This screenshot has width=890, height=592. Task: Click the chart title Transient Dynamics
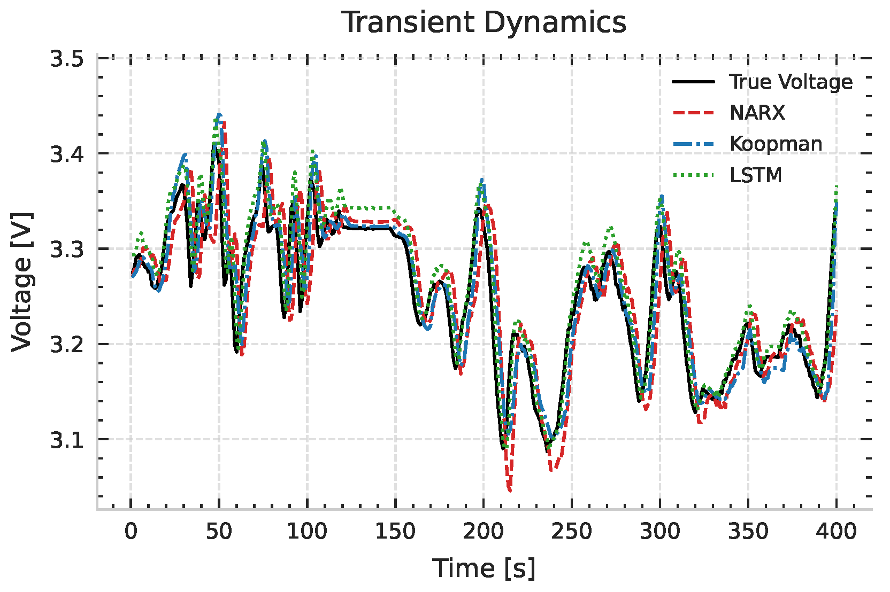click(x=484, y=23)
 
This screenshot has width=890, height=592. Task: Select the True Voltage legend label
click(x=791, y=82)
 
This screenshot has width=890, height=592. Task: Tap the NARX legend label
click(x=757, y=113)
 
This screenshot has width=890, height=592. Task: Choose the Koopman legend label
click(x=776, y=144)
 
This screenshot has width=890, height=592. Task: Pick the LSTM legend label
click(x=755, y=175)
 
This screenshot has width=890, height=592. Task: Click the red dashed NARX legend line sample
click(x=693, y=113)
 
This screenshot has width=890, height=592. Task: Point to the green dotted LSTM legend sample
click(x=693, y=175)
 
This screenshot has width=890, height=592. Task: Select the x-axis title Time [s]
click(x=484, y=568)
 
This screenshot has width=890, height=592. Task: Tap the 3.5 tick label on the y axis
click(x=67, y=59)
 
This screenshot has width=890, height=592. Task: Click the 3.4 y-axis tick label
click(x=67, y=154)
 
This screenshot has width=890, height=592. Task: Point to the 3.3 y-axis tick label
click(x=67, y=250)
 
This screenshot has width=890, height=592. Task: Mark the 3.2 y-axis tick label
click(x=67, y=345)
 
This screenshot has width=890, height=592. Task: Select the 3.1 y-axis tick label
click(x=67, y=440)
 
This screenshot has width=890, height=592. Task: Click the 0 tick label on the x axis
click(x=131, y=532)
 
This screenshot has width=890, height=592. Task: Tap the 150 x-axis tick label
click(x=395, y=532)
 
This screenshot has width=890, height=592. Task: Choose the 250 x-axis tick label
click(x=571, y=532)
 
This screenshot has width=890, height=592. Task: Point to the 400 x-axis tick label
click(x=836, y=532)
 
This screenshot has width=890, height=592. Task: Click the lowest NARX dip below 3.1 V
click(x=509, y=489)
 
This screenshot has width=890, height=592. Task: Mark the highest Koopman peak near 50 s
click(x=219, y=114)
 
